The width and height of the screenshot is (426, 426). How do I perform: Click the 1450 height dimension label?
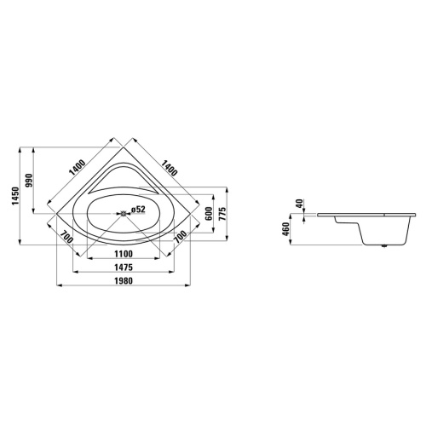tap(11, 199)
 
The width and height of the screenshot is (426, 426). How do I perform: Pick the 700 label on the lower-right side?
tap(180, 238)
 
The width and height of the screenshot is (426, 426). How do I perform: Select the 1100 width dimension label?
tap(125, 254)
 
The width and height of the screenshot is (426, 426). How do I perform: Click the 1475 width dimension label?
tap(125, 268)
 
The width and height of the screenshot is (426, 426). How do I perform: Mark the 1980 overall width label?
tap(125, 283)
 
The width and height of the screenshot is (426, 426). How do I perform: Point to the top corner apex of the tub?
tap(125, 134)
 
